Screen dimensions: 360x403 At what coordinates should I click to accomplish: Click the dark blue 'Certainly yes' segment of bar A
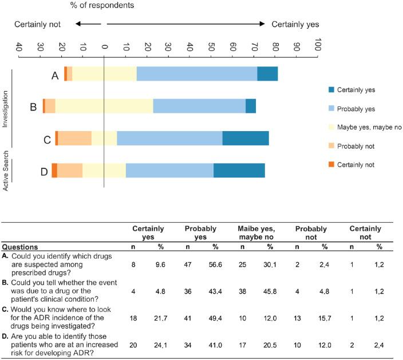[267, 74]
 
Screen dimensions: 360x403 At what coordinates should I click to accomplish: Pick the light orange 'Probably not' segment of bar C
[74, 139]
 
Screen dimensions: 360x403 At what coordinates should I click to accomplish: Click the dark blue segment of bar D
[239, 171]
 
